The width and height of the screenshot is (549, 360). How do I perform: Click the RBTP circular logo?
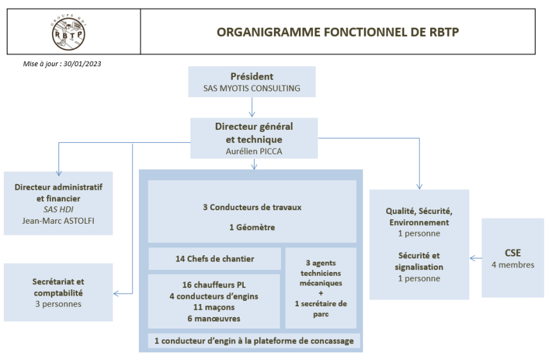point(69,33)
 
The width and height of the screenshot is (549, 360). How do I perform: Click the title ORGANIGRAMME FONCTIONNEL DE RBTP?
point(337,32)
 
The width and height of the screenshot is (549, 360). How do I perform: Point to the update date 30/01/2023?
point(82,64)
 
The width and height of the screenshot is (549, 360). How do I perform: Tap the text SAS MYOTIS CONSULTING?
point(252,88)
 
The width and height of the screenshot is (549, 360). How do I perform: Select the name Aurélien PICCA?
point(254,151)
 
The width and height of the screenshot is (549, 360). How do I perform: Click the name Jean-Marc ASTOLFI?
point(58,221)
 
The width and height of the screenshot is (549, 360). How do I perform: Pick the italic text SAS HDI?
point(58,210)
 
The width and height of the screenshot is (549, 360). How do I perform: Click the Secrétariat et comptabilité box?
point(58,292)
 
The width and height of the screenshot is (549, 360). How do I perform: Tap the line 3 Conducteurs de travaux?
point(252,207)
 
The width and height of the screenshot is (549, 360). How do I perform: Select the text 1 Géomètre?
point(252,228)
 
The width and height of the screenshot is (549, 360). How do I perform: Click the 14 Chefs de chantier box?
point(215,259)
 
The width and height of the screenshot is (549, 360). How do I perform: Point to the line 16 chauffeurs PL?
point(214,285)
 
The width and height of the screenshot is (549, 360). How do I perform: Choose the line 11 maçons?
point(214,307)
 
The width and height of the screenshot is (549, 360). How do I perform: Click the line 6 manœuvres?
point(214,319)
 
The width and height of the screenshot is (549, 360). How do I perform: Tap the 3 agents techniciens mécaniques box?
point(321,288)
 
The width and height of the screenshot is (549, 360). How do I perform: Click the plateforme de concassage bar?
point(254,341)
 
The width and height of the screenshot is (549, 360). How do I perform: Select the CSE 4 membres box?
point(512,258)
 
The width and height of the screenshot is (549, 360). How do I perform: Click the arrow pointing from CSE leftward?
point(476,258)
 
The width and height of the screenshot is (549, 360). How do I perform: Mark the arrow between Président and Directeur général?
point(252,107)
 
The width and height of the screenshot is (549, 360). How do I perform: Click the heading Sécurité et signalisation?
point(419,261)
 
